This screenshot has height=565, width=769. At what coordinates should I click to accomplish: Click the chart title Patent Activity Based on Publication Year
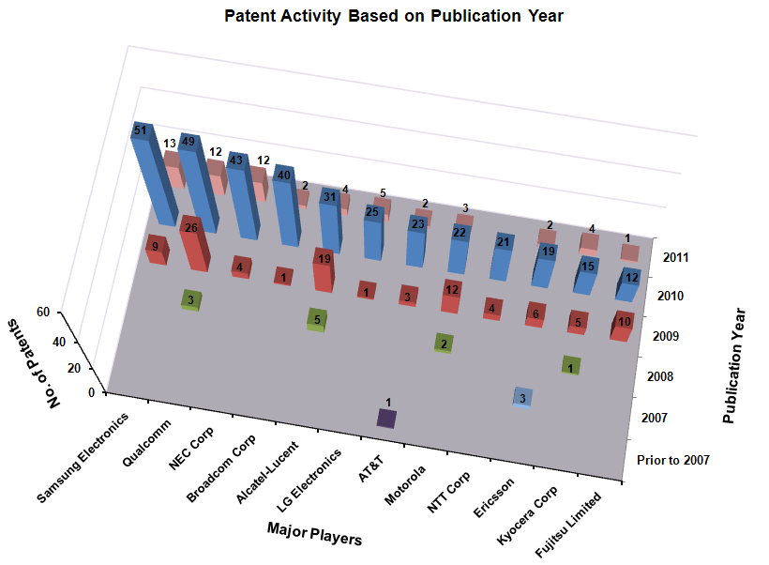pos(393,16)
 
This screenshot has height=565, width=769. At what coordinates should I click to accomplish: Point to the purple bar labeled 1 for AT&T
pos(386,419)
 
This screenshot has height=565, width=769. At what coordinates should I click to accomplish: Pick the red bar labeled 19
pos(323,269)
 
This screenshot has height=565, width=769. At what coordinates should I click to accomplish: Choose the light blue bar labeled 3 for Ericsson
pos(523,397)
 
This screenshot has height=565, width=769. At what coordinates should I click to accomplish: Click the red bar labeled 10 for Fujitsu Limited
pos(623,325)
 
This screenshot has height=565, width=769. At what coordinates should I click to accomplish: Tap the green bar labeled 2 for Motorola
pos(443,344)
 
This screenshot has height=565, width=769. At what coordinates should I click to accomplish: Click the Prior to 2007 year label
pos(672,460)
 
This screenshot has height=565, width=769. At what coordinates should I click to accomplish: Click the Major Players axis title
pos(313,532)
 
